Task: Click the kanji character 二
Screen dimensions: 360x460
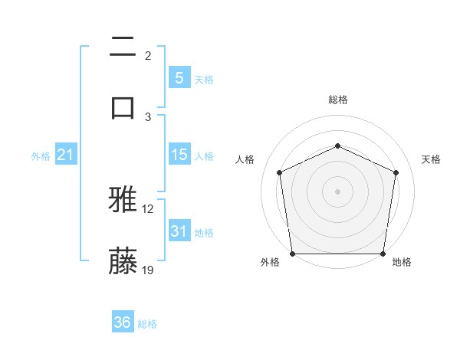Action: point(123,47)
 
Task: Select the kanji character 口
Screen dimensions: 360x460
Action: point(123,106)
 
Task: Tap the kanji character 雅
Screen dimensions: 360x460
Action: point(123,201)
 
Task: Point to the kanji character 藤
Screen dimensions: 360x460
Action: point(123,260)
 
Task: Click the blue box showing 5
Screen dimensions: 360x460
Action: point(179,77)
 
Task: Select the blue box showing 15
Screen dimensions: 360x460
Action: point(179,155)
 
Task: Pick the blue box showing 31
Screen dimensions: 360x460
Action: point(179,231)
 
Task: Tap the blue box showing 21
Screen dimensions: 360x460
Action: point(66,155)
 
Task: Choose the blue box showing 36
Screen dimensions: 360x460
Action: point(123,322)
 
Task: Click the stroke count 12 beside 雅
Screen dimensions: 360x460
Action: point(148,209)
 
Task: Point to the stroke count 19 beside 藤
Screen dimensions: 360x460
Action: point(148,270)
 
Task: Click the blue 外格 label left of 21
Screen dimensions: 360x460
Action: point(41,156)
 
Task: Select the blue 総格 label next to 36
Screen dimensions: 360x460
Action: point(147,324)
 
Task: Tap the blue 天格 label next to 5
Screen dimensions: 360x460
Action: point(204,79)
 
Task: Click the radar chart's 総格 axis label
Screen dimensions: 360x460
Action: point(338,100)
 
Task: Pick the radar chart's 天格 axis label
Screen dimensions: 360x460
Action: point(432,159)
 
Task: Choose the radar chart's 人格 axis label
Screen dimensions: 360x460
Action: point(245,159)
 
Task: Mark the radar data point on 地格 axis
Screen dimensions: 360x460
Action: point(383,254)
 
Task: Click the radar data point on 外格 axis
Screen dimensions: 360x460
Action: point(293,254)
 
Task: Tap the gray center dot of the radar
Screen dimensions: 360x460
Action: point(337,191)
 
